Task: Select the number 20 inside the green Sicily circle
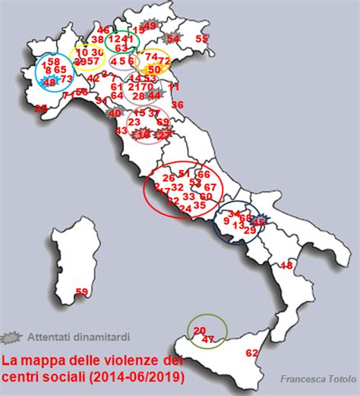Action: click(200, 330)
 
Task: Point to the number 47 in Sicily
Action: click(210, 340)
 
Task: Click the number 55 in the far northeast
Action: click(202, 39)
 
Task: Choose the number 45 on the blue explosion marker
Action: click(259, 221)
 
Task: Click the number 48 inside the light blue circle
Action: click(49, 82)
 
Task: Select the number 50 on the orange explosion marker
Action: click(154, 69)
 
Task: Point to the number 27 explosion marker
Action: click(164, 135)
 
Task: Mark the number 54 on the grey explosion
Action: click(173, 38)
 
